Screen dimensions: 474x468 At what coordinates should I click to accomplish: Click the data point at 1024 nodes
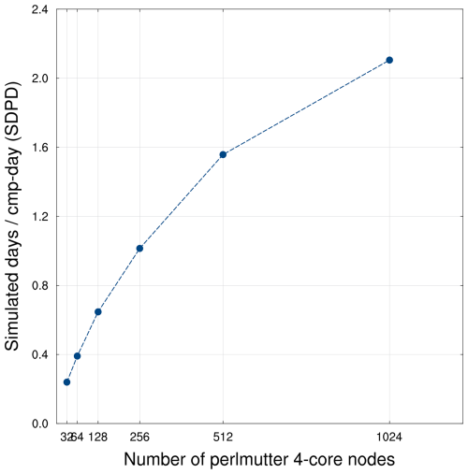tap(389, 60)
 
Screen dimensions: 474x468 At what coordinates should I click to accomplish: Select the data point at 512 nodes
tap(223, 154)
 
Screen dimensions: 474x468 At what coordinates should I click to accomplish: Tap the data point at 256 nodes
tap(139, 248)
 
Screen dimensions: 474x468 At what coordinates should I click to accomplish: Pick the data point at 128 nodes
tap(97, 311)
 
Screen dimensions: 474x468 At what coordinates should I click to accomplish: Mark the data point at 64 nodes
tap(77, 356)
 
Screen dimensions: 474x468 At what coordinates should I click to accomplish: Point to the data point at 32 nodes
tap(66, 381)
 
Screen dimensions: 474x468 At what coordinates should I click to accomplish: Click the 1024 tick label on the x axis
tap(389, 437)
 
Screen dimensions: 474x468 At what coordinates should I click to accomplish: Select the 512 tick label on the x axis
tap(223, 437)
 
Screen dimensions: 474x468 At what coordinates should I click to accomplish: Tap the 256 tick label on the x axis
tap(139, 437)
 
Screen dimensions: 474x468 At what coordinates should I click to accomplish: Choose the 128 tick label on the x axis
tap(99, 437)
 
